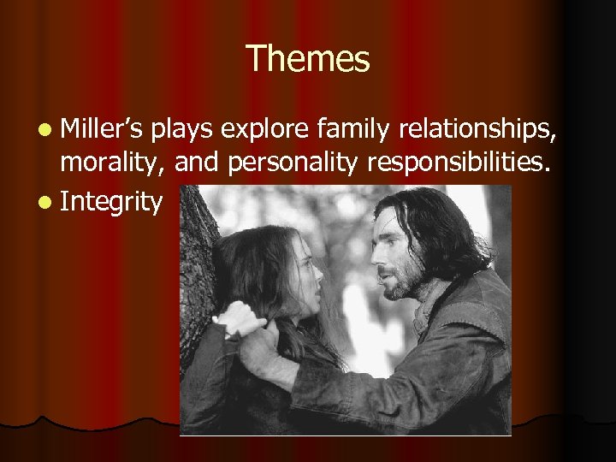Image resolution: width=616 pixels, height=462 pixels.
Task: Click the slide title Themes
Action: coord(308,59)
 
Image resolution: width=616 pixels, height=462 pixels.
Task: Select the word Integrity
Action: coord(111,202)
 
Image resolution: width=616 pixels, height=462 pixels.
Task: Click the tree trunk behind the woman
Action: coord(198,257)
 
